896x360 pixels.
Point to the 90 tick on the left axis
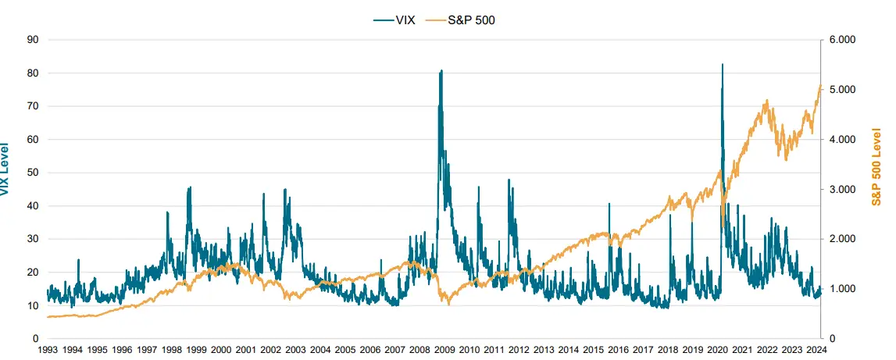pos(33,39)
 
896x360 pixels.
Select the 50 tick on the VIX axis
pos(33,173)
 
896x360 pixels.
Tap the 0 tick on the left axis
pos(35,339)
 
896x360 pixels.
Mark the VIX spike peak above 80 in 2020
pos(722,64)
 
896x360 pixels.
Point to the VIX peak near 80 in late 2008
pos(441,70)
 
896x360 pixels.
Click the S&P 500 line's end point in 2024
pos(820,86)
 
